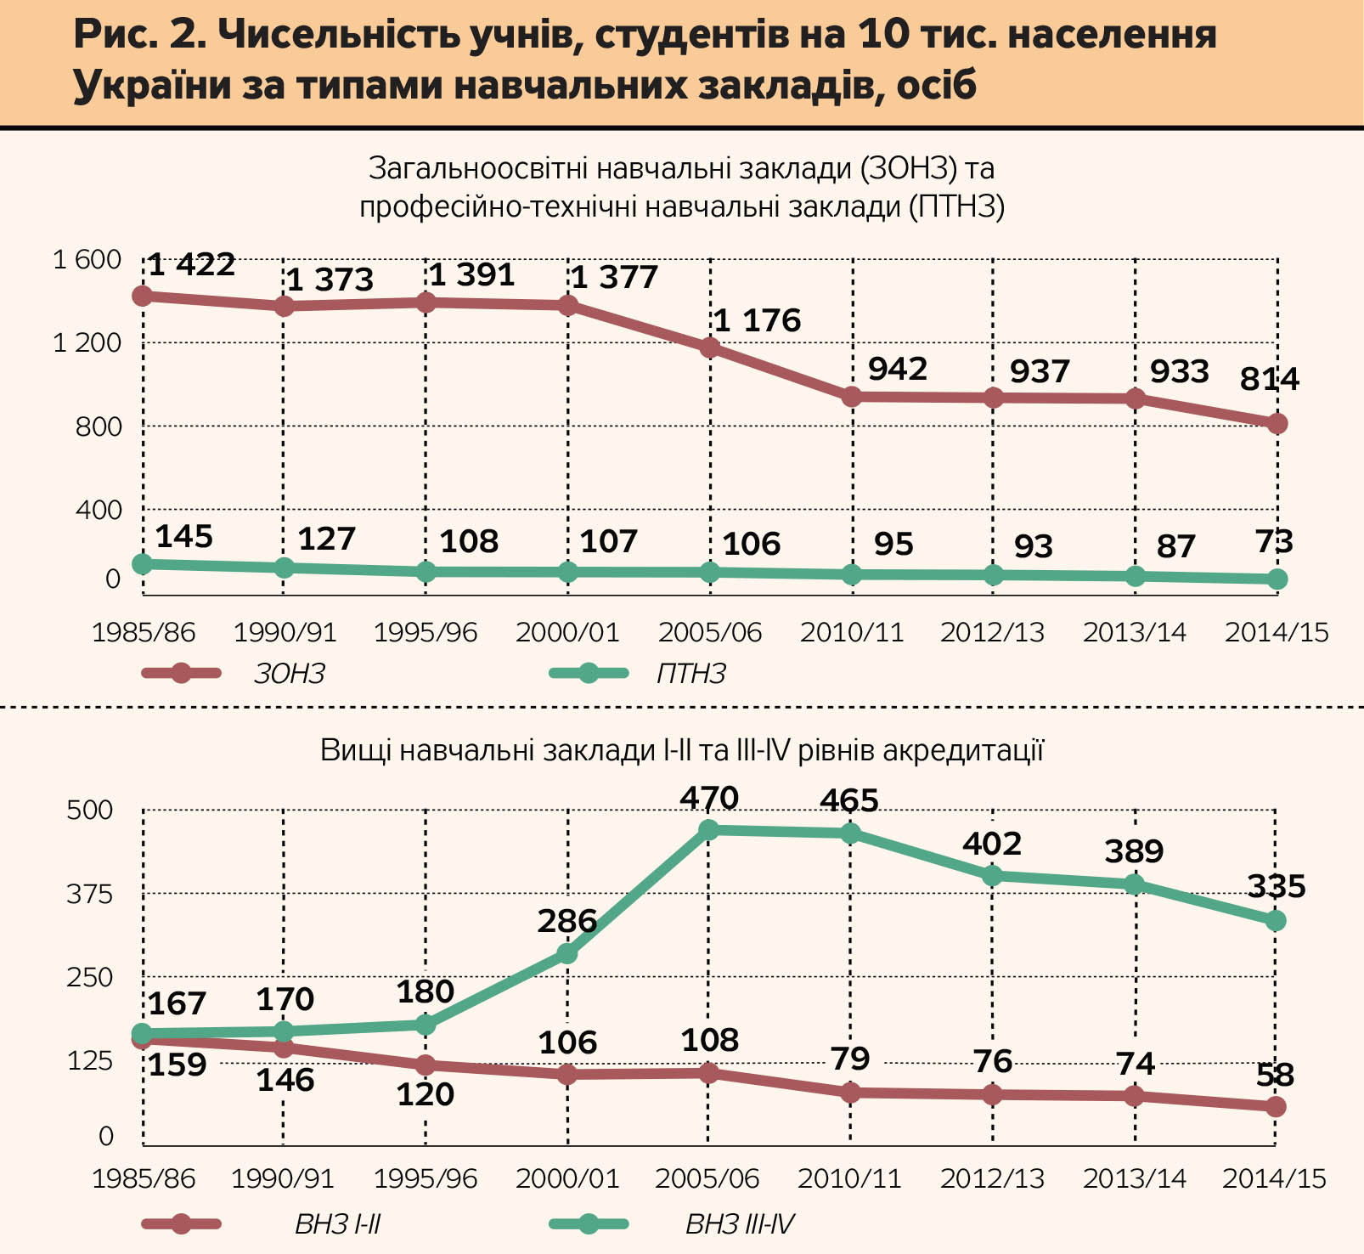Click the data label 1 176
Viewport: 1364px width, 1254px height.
coord(757,320)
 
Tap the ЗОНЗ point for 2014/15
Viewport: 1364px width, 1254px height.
coord(1277,423)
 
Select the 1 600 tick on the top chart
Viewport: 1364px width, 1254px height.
coord(87,259)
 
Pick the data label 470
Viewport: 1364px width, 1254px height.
coord(709,799)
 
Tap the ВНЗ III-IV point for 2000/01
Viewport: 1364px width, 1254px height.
coord(566,954)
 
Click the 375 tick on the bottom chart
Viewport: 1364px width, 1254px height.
coord(89,894)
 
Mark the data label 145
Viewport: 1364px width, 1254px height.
coord(184,537)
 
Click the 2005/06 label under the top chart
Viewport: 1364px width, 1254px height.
coord(710,632)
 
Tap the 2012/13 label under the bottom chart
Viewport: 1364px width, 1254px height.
coord(992,1178)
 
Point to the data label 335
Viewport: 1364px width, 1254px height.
coord(1277,887)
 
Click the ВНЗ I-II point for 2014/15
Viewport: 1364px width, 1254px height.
coord(1277,1106)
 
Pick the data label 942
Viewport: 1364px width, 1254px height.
coord(898,369)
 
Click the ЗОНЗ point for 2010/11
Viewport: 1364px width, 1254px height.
coord(852,396)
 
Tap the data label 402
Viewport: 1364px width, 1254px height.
coord(992,844)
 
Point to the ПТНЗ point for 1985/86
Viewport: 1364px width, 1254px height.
coord(143,563)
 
